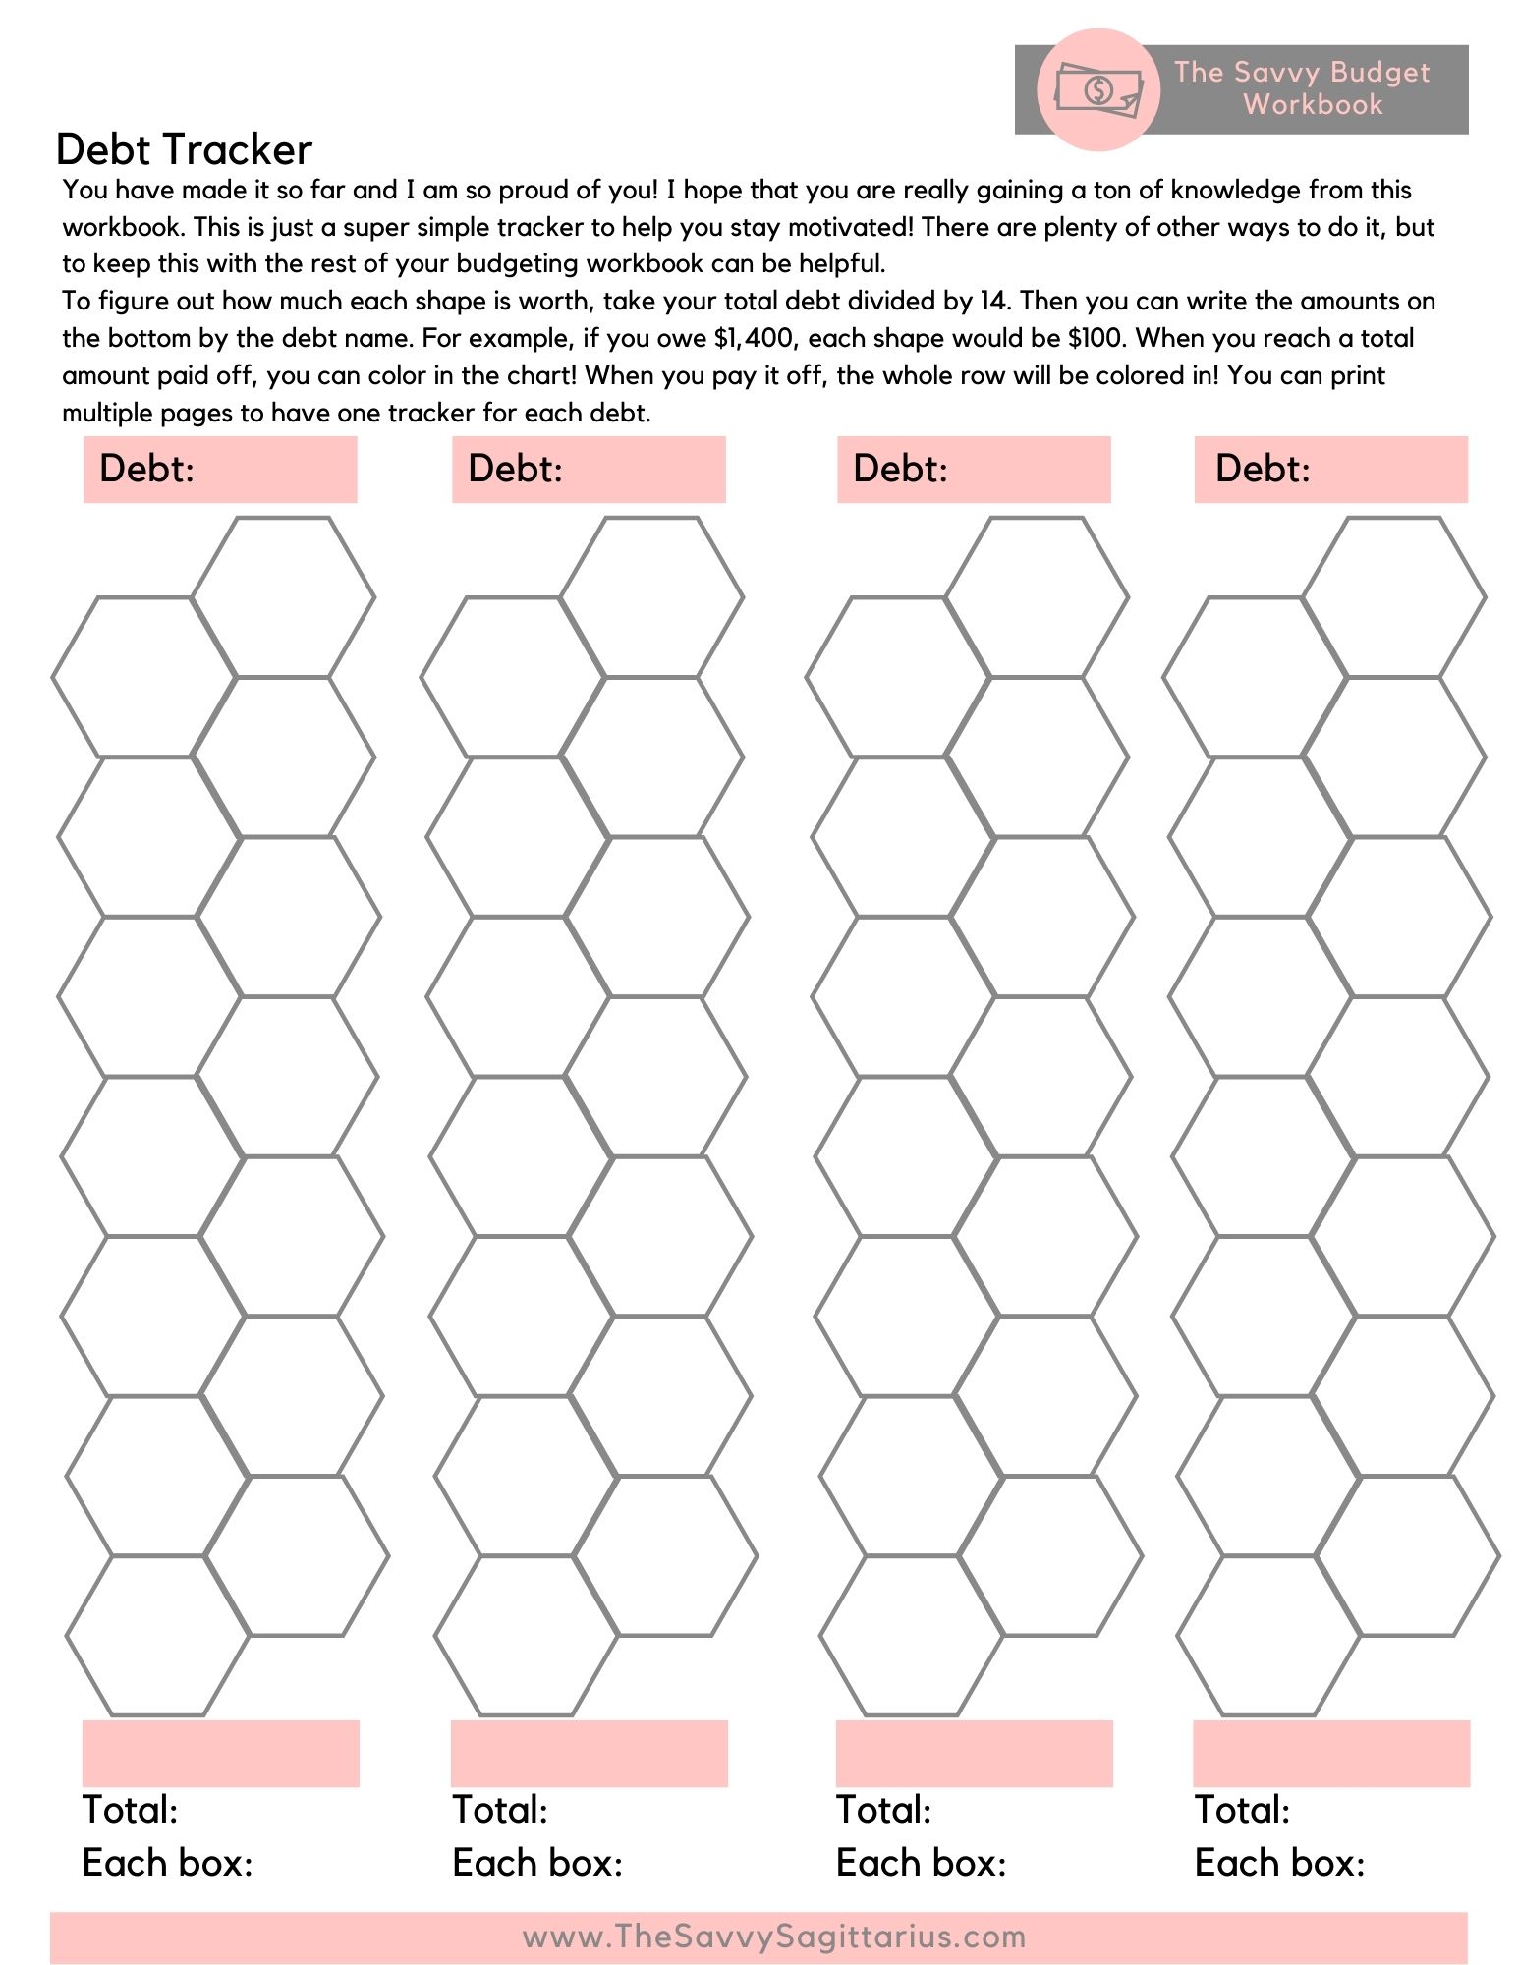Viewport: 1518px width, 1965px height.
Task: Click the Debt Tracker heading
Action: [184, 149]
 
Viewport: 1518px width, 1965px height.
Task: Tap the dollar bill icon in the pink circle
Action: [1098, 90]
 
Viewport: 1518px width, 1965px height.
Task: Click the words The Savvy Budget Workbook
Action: [1302, 88]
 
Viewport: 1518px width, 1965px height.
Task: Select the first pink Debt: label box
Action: [220, 470]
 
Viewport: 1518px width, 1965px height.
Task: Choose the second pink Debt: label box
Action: [589, 470]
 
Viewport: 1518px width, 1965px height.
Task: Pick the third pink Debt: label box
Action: [974, 470]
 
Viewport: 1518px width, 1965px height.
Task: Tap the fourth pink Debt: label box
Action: [1330, 470]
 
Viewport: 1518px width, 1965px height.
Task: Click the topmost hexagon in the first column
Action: [283, 596]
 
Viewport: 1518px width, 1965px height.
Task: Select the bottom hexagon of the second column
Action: [527, 1635]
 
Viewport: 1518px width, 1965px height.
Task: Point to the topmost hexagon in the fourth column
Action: [1394, 596]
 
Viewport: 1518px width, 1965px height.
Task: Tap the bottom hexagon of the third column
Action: [912, 1635]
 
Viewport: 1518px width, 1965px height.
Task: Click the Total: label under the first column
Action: [130, 1810]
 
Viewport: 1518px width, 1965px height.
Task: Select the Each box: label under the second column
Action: [537, 1863]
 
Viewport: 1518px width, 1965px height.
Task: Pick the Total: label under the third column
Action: [883, 1810]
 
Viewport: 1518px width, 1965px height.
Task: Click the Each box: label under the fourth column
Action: [1279, 1863]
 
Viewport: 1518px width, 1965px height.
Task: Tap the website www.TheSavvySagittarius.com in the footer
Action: [774, 1937]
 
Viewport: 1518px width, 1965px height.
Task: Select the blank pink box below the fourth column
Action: [1331, 1753]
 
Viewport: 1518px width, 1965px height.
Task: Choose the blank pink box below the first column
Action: [221, 1753]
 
